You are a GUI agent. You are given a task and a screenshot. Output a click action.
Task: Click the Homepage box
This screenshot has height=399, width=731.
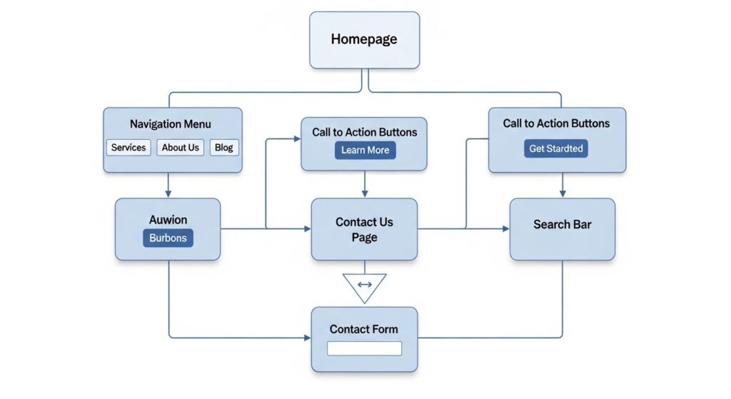click(x=363, y=40)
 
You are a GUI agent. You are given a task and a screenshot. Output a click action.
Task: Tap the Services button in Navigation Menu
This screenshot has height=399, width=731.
click(x=128, y=148)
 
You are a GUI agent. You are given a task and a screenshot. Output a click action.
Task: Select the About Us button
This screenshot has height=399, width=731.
click(x=180, y=148)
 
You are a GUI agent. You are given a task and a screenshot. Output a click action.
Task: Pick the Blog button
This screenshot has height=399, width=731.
click(x=223, y=148)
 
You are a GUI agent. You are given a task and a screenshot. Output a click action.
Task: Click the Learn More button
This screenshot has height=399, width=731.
click(x=365, y=150)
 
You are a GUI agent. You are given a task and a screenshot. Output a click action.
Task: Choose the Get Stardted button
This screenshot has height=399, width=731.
click(x=556, y=148)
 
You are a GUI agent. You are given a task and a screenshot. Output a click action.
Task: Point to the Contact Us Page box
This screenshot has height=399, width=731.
click(x=364, y=229)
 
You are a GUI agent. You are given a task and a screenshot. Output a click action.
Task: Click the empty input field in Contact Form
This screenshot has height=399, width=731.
click(x=364, y=348)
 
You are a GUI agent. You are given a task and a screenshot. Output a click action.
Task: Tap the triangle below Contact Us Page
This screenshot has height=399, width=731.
click(x=364, y=285)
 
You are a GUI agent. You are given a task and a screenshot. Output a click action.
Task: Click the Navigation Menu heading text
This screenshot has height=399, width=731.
click(x=171, y=124)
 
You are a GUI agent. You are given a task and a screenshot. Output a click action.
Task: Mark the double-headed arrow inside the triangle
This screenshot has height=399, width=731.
click(x=364, y=284)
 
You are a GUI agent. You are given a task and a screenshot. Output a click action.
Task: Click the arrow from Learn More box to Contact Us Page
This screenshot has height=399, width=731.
click(x=365, y=184)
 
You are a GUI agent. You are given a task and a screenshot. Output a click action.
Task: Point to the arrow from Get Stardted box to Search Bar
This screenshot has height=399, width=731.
click(x=563, y=185)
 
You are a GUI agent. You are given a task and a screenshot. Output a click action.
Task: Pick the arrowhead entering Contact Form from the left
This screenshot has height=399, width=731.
click(x=307, y=338)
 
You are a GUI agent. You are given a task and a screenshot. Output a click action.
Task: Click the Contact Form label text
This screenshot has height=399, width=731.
click(x=364, y=329)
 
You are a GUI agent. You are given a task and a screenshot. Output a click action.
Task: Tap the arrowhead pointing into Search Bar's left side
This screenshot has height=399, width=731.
click(x=505, y=228)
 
